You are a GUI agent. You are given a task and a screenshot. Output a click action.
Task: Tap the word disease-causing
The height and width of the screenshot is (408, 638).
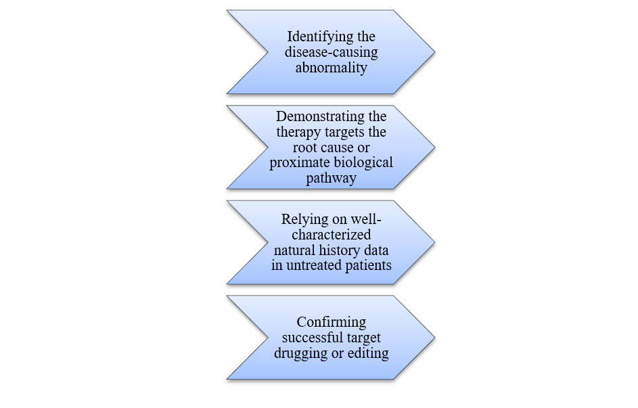point(332,52)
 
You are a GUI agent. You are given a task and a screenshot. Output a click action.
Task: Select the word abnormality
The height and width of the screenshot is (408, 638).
point(331,67)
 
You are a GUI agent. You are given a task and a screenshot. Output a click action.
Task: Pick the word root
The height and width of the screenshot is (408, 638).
point(305,148)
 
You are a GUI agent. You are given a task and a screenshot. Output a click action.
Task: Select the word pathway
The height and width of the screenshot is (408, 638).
point(331,178)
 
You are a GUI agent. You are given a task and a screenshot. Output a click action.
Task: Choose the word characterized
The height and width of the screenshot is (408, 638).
point(331,235)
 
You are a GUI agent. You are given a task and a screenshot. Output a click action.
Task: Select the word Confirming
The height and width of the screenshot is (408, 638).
point(331,321)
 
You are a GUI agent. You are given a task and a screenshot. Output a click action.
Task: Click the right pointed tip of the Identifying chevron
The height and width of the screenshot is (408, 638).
point(434,51)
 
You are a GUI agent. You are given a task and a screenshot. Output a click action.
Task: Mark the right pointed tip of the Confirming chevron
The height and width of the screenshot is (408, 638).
point(434,337)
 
